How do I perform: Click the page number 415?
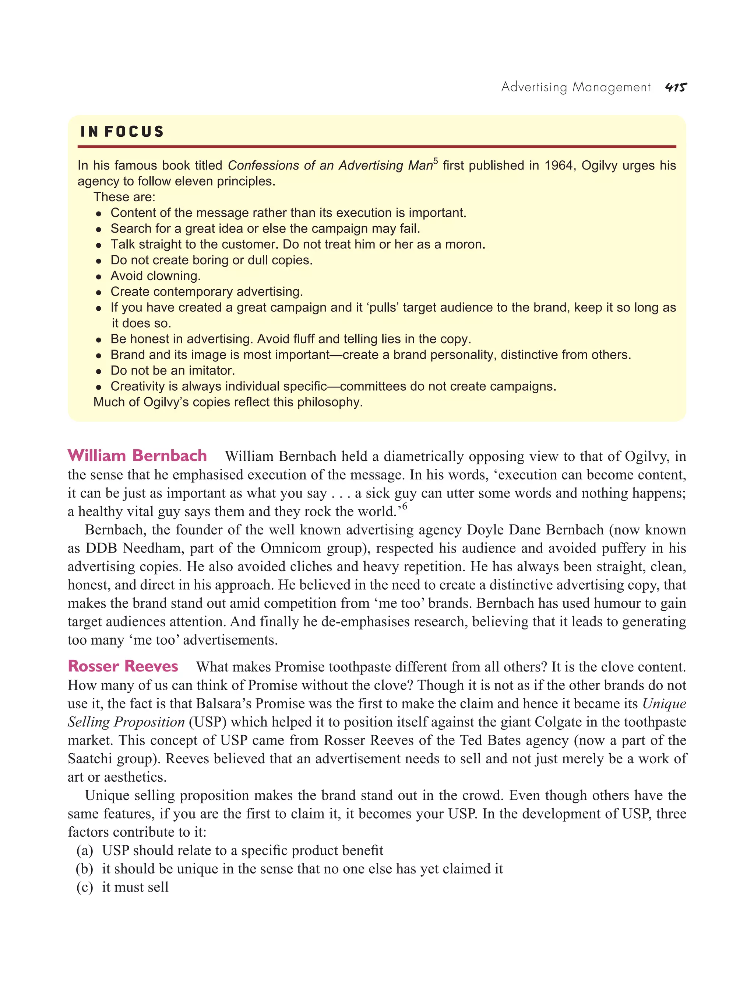(x=676, y=87)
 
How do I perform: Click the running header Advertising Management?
(x=575, y=87)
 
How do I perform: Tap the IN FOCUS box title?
(x=122, y=132)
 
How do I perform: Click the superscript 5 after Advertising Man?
(x=435, y=161)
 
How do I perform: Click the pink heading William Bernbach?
(x=137, y=456)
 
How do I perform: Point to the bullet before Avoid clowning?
(x=99, y=277)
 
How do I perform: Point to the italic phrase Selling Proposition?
(x=126, y=722)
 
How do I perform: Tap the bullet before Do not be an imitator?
(x=99, y=372)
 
